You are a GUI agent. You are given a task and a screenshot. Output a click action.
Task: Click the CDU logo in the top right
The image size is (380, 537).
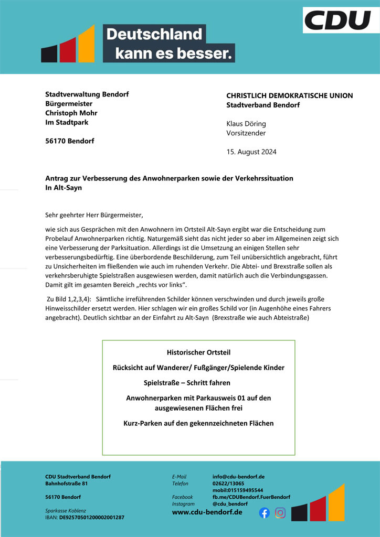click(337, 20)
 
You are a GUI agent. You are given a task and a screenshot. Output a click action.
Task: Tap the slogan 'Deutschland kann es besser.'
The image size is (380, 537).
click(168, 44)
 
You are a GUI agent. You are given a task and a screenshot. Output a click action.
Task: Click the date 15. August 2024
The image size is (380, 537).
click(251, 152)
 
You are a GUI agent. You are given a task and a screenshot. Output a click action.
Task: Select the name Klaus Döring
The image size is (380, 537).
click(246, 124)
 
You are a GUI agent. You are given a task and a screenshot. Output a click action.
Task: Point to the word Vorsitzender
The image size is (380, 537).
click(246, 133)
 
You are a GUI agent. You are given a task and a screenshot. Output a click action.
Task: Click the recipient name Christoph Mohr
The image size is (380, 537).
click(71, 113)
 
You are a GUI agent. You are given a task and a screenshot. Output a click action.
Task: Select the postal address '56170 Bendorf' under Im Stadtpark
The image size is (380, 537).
click(70, 141)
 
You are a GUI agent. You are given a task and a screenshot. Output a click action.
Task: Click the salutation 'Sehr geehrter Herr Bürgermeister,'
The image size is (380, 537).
click(94, 214)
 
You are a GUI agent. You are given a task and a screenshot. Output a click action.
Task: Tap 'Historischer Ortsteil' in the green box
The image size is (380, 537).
click(198, 352)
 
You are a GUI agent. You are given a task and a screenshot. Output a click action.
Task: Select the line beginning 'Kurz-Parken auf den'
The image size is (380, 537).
click(198, 423)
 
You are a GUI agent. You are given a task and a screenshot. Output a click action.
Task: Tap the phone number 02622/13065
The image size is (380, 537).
click(228, 484)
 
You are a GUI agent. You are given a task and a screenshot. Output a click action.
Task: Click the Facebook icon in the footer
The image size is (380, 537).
click(265, 513)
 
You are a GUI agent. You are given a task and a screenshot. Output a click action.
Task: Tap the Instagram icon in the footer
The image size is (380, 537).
click(281, 513)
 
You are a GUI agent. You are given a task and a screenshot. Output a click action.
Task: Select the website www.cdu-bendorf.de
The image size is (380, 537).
click(207, 512)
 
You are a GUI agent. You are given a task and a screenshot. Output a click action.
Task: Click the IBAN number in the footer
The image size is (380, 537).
click(92, 518)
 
